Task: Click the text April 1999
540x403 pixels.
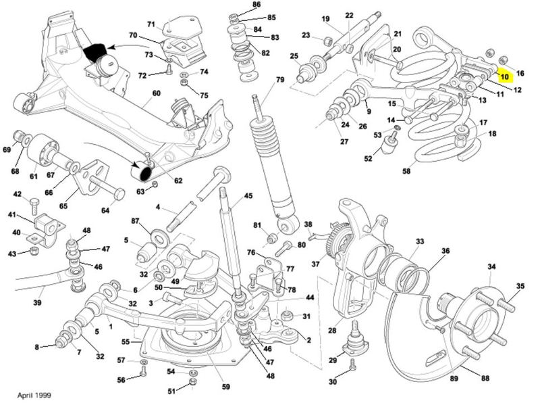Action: [32, 394]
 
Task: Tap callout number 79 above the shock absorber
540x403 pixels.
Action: [280, 81]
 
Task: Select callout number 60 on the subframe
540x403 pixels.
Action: [157, 93]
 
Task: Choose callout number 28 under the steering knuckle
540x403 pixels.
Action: [332, 331]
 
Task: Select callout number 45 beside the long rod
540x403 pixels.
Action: [248, 196]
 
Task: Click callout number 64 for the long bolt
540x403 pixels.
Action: [105, 210]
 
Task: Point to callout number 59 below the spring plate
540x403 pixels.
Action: [226, 387]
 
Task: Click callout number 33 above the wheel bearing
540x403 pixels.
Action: [420, 241]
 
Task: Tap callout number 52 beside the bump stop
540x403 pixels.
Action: [369, 160]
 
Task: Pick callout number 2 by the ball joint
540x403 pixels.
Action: [308, 341]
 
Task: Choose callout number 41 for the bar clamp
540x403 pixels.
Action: [11, 215]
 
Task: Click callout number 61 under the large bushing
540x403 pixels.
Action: [33, 176]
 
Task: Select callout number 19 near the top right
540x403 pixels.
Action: [325, 19]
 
